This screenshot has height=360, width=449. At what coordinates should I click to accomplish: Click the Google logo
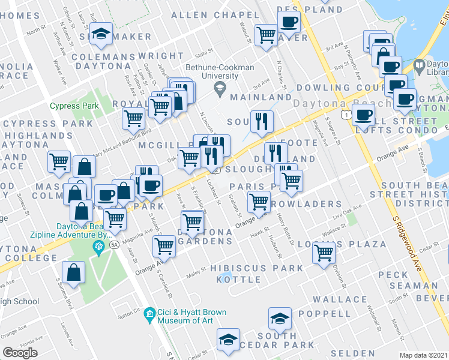(20, 353)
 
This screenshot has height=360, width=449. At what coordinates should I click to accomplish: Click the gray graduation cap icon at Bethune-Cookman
(220, 90)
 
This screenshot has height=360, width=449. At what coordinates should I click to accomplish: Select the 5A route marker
(114, 245)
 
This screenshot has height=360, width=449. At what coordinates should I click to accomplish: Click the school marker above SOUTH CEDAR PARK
(280, 318)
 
